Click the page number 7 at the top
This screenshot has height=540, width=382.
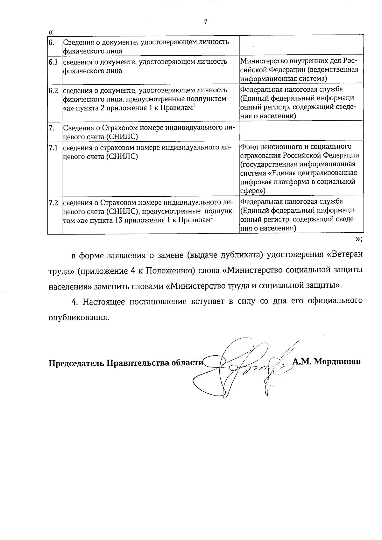pyautogui.click(x=205, y=22)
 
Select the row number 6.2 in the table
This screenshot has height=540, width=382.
pyautogui.click(x=53, y=90)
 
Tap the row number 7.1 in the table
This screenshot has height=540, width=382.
pyautogui.click(x=53, y=148)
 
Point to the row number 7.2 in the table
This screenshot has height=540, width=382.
pyautogui.click(x=53, y=203)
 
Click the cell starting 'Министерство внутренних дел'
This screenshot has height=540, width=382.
pyautogui.click(x=299, y=69)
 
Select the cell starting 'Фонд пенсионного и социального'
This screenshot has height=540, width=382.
pyautogui.click(x=299, y=169)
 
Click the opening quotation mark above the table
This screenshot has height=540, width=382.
pyautogui.click(x=50, y=32)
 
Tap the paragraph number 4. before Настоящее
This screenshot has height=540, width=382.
pyautogui.click(x=75, y=302)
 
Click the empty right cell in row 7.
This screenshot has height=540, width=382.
pyautogui.click(x=301, y=131)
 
